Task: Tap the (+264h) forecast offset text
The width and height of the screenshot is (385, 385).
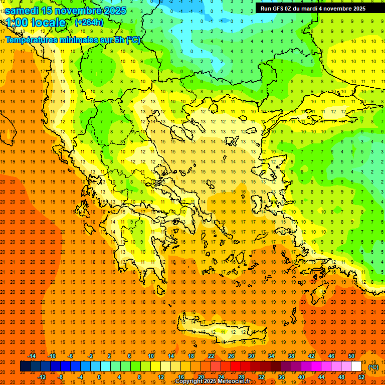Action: (89, 22)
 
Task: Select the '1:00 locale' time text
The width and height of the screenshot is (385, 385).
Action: (36, 23)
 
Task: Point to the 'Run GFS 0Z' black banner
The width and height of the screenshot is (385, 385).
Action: (313, 8)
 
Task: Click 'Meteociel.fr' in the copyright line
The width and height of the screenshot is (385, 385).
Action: (235, 381)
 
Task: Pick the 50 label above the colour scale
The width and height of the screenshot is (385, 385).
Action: (351, 356)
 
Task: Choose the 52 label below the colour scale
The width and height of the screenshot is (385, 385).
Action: (361, 377)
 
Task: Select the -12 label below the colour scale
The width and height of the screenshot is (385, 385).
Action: (42, 377)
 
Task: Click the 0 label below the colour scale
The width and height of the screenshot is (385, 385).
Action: (99, 377)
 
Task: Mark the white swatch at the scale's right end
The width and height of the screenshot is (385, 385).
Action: (356, 366)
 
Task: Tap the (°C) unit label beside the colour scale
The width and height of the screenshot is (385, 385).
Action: (373, 367)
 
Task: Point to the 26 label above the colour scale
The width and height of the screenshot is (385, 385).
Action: (231, 356)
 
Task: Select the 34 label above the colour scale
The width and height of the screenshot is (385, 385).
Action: (271, 356)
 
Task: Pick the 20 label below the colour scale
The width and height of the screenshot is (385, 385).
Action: (201, 377)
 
